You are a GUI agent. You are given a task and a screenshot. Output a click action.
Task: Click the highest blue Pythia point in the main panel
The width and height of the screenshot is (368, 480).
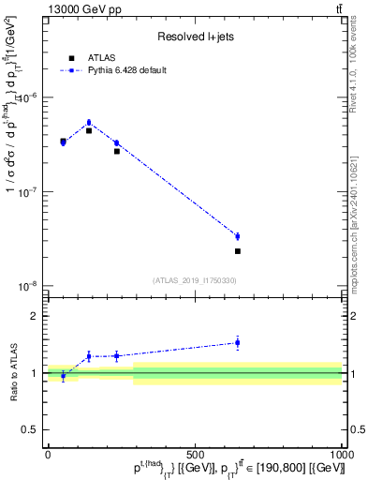coord(89,123)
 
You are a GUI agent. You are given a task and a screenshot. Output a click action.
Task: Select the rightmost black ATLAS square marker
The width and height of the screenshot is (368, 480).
coord(238,251)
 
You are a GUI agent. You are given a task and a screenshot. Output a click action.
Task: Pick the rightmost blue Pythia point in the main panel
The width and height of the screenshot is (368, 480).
coord(238,236)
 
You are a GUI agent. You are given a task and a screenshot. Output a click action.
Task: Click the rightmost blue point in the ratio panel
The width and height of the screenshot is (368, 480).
coord(238,343)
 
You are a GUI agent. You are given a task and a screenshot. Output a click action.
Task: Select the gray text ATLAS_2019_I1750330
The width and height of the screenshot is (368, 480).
coord(194,280)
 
